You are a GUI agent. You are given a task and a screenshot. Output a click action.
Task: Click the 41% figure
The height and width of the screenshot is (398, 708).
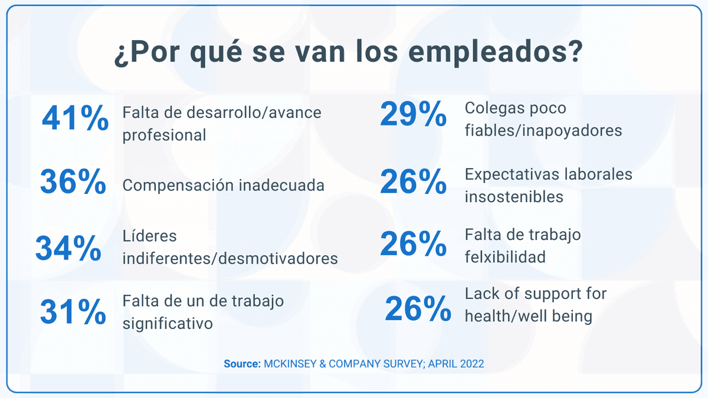76,119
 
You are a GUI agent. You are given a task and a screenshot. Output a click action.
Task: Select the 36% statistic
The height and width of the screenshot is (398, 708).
73,182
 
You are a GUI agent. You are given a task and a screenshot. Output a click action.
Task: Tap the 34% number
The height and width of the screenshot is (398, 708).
68,249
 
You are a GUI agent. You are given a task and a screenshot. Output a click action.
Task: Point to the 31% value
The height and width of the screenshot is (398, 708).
73,313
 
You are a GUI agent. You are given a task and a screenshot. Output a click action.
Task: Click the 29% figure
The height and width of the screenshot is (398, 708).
413,114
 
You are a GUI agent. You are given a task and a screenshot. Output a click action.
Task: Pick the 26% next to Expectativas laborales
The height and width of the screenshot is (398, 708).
413,182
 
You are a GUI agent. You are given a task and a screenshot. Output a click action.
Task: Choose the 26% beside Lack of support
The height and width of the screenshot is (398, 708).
418,309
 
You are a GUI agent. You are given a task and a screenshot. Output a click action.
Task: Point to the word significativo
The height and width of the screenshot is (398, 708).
168,324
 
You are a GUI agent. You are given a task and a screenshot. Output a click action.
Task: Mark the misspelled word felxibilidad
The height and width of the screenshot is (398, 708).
504,257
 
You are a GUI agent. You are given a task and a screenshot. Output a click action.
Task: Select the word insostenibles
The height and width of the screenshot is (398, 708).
514,196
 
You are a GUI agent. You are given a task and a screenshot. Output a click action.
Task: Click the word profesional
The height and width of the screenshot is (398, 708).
164,135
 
